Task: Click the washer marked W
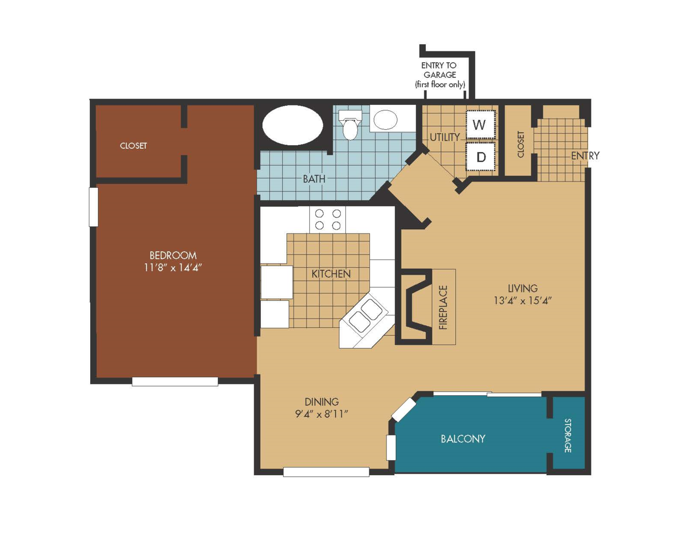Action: tap(481, 125)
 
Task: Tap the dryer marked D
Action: tap(481, 157)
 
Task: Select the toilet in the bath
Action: tap(350, 125)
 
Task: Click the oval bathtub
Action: tap(293, 126)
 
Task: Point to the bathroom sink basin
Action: tap(385, 119)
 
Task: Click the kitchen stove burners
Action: tap(327, 219)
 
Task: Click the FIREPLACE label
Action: tap(443, 307)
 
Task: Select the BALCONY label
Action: tap(463, 439)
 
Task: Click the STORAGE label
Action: tap(567, 435)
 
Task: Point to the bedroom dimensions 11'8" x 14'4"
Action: tap(173, 267)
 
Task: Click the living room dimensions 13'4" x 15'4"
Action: tap(523, 300)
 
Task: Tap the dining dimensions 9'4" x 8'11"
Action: tap(322, 413)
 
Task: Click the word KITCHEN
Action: tap(331, 274)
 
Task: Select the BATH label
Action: tap(314, 179)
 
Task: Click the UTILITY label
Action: tap(445, 137)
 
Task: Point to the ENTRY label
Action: tap(585, 156)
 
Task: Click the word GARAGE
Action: tap(439, 75)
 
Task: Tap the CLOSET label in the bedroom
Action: tap(133, 146)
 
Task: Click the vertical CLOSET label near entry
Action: tap(520, 144)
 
